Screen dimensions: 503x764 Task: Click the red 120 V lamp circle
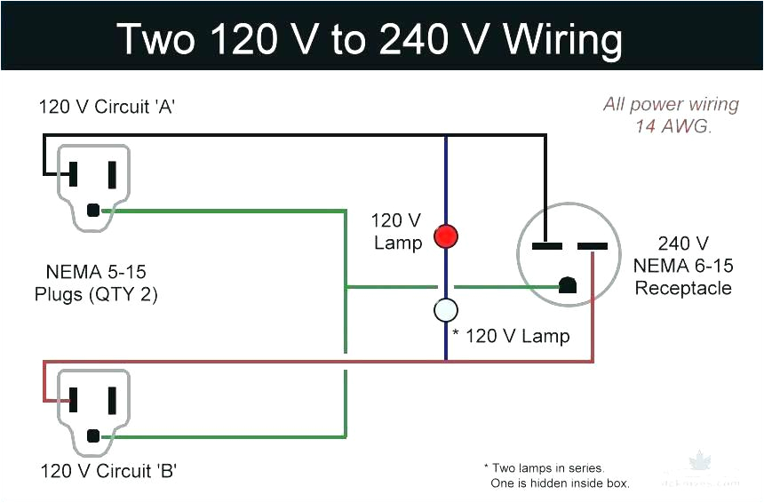tap(445, 236)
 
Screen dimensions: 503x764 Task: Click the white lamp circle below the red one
tap(445, 310)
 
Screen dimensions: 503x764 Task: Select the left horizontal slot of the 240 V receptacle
tap(545, 245)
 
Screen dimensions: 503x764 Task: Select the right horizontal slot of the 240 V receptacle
tap(593, 245)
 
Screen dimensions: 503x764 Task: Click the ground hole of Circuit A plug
tap(93, 211)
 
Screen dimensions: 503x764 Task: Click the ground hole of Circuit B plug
tap(93, 436)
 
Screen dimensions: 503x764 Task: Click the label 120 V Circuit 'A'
tap(106, 107)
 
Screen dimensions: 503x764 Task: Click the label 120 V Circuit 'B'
tap(107, 471)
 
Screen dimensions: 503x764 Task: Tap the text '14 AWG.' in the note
tap(672, 126)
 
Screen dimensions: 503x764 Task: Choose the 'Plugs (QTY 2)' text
tap(96, 294)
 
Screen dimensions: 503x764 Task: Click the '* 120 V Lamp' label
tap(511, 336)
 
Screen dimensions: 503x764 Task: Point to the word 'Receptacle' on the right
tap(683, 288)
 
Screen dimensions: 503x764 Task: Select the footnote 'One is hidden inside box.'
tap(560, 483)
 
